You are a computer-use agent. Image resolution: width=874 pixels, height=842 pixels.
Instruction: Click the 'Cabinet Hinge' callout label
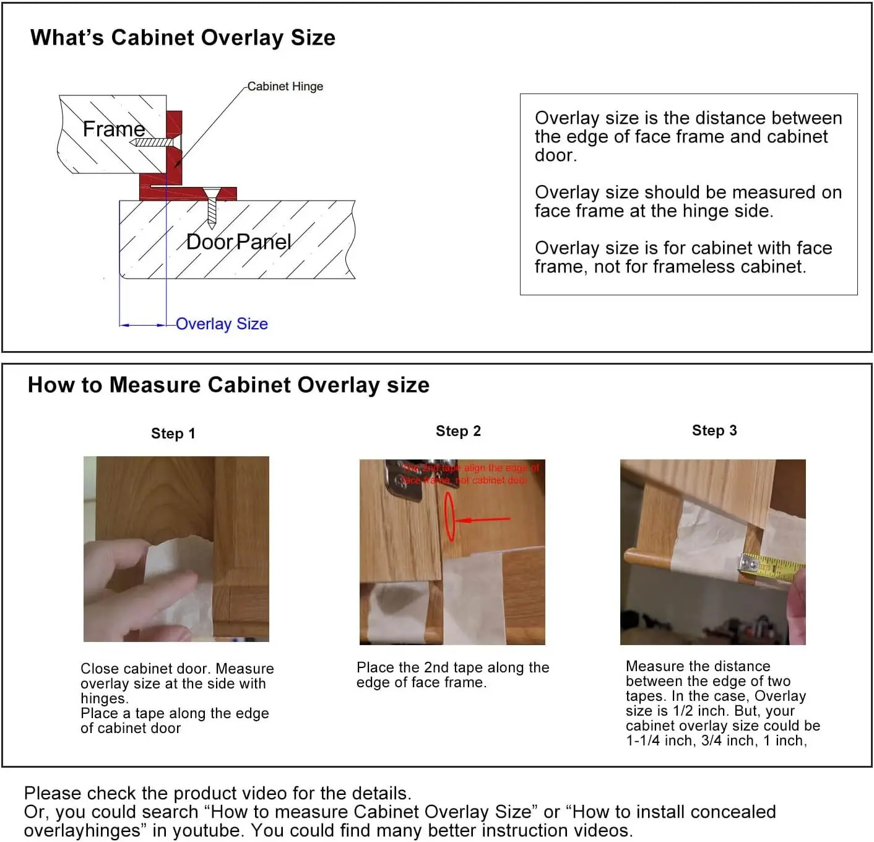(285, 87)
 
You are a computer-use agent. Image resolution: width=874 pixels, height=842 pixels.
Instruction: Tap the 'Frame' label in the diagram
(114, 129)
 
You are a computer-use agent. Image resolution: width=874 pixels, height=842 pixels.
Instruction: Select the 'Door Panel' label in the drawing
(238, 241)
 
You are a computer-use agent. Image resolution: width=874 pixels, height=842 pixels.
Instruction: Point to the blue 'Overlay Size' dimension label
(222, 324)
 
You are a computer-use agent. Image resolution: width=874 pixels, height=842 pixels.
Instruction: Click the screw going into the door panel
(212, 207)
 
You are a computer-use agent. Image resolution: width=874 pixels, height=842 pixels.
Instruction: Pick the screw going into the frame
(155, 142)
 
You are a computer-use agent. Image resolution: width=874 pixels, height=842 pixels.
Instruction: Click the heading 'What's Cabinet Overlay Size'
(183, 38)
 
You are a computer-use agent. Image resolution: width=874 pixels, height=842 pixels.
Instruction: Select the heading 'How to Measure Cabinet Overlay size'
(228, 385)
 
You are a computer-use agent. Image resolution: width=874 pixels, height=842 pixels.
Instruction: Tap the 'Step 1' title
(173, 433)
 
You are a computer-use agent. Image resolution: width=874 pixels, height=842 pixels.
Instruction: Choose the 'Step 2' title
(458, 431)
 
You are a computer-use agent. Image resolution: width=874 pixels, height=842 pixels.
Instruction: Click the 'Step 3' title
(714, 430)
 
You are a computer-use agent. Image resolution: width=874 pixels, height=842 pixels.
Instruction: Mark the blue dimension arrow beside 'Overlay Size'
(142, 324)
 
